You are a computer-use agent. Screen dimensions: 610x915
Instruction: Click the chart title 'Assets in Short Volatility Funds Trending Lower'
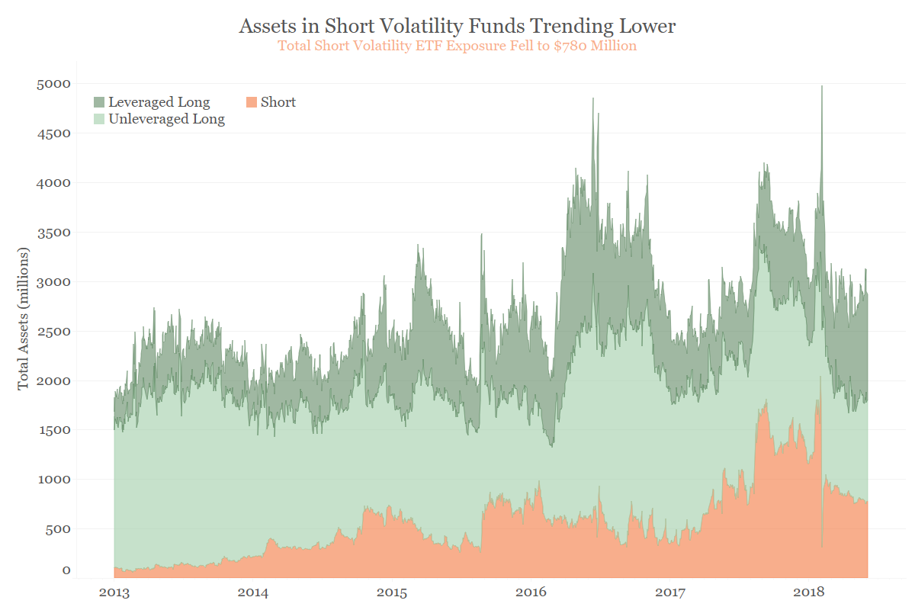457,26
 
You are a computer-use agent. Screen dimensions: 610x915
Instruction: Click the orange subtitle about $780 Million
457,46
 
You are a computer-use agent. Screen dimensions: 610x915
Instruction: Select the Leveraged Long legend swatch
99,102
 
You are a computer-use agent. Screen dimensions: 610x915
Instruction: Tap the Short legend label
278,102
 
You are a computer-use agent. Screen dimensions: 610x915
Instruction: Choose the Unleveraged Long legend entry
166,119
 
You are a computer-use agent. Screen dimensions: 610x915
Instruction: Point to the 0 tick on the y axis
66,570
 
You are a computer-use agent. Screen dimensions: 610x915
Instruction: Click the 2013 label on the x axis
114,592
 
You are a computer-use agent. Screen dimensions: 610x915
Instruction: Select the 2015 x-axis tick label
392,592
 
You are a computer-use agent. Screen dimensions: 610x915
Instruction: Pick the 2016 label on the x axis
531,592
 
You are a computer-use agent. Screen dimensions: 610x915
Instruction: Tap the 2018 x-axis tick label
810,592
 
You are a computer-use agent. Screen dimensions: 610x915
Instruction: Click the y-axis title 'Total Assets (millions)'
24,319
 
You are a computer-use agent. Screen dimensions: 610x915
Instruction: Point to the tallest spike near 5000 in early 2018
822,87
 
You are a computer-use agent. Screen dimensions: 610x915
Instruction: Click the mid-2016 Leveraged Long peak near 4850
592,99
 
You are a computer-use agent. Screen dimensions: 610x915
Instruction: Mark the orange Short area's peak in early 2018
820,377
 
